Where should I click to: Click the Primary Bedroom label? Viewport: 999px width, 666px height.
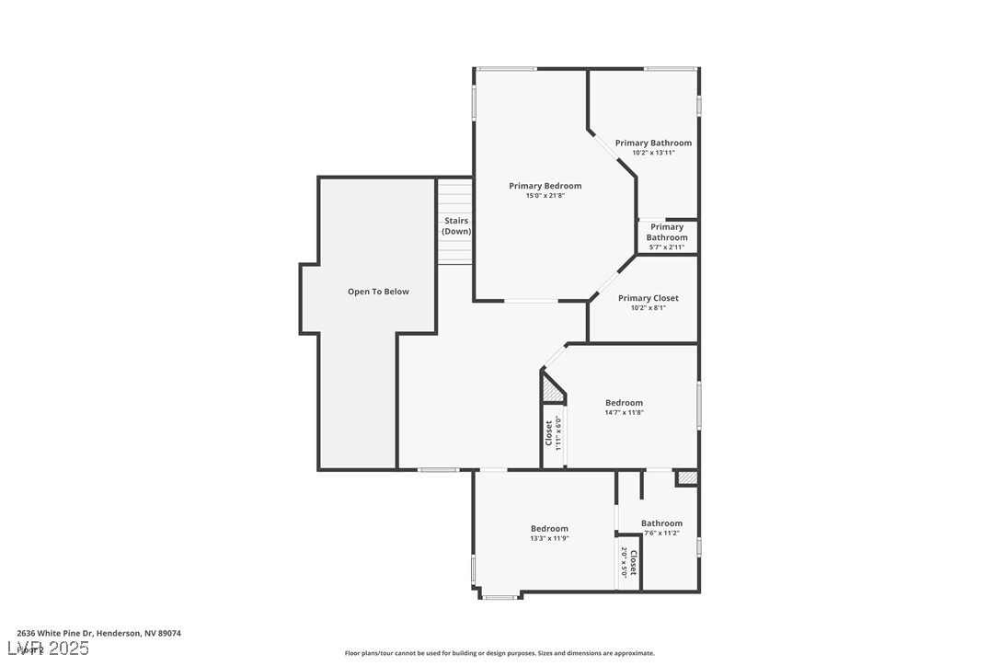[x=545, y=186]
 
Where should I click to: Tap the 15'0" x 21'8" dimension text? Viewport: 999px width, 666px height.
[x=545, y=196]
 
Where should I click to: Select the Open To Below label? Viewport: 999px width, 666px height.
[x=378, y=292]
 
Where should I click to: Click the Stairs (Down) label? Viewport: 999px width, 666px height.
[x=456, y=226]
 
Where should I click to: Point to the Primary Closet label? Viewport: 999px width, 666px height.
[x=648, y=298]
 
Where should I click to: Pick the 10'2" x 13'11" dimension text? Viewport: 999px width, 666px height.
[x=653, y=153]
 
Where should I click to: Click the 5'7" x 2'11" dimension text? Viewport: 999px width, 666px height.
[x=667, y=247]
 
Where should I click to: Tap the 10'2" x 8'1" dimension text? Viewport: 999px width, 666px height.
[x=648, y=308]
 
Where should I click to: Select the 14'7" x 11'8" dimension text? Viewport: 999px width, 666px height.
[x=624, y=413]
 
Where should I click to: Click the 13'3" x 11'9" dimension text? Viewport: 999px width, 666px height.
[x=549, y=538]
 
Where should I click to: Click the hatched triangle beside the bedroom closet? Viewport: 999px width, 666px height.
[x=552, y=391]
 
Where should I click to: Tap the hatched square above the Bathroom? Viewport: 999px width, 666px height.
[x=686, y=477]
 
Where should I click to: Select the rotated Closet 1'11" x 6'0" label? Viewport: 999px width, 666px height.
[x=553, y=432]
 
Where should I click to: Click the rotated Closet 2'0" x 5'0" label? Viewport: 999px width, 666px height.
[x=628, y=561]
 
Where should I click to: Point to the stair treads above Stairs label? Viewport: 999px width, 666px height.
[x=454, y=195]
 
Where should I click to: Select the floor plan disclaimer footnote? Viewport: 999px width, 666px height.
[x=499, y=653]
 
